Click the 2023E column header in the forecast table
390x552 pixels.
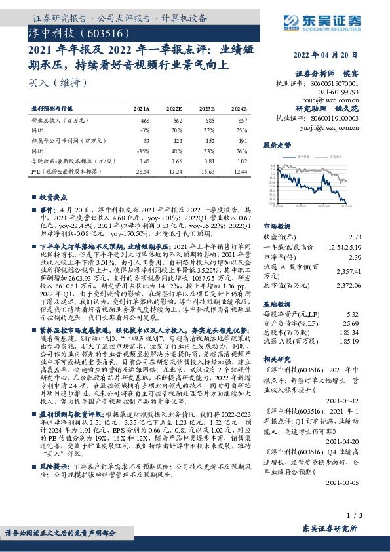click(207, 109)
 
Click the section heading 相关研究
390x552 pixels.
click(277, 360)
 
